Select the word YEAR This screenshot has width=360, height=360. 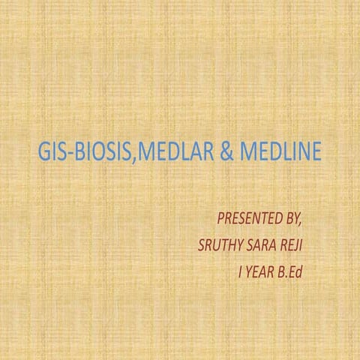click(259, 269)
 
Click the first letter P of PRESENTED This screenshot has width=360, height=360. click(220, 220)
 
